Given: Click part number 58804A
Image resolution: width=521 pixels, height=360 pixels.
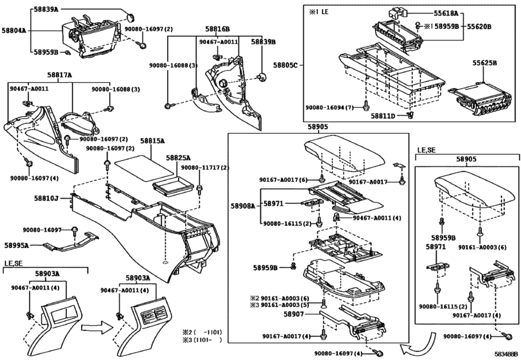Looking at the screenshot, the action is point(13,31).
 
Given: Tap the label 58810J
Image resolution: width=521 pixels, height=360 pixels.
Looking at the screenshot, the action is point(46,199).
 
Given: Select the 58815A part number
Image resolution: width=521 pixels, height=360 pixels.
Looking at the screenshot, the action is point(152,141).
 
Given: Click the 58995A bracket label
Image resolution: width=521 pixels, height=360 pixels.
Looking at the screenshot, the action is point(17,246).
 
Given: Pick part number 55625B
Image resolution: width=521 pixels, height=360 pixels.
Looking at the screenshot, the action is point(484,63).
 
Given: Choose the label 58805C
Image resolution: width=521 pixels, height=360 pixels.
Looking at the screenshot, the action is point(285,65).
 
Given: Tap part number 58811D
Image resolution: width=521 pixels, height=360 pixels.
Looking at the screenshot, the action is point(383,116).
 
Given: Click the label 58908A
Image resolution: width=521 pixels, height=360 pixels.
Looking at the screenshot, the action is point(243,206).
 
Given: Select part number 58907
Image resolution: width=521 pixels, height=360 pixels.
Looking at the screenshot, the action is point(294,314).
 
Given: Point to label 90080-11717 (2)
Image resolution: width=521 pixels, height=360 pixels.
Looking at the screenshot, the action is point(205,168).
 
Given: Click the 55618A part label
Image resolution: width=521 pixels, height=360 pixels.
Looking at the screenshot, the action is point(446,14).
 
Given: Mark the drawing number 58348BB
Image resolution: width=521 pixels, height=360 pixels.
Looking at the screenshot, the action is point(506,354).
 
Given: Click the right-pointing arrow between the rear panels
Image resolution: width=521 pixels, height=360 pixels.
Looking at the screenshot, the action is point(97,328).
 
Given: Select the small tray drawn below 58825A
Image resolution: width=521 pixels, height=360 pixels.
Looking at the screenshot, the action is point(173,184).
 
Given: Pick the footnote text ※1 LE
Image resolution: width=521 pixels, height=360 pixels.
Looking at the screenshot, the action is point(319,12).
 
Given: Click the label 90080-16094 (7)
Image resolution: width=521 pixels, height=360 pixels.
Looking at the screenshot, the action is point(330,108).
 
